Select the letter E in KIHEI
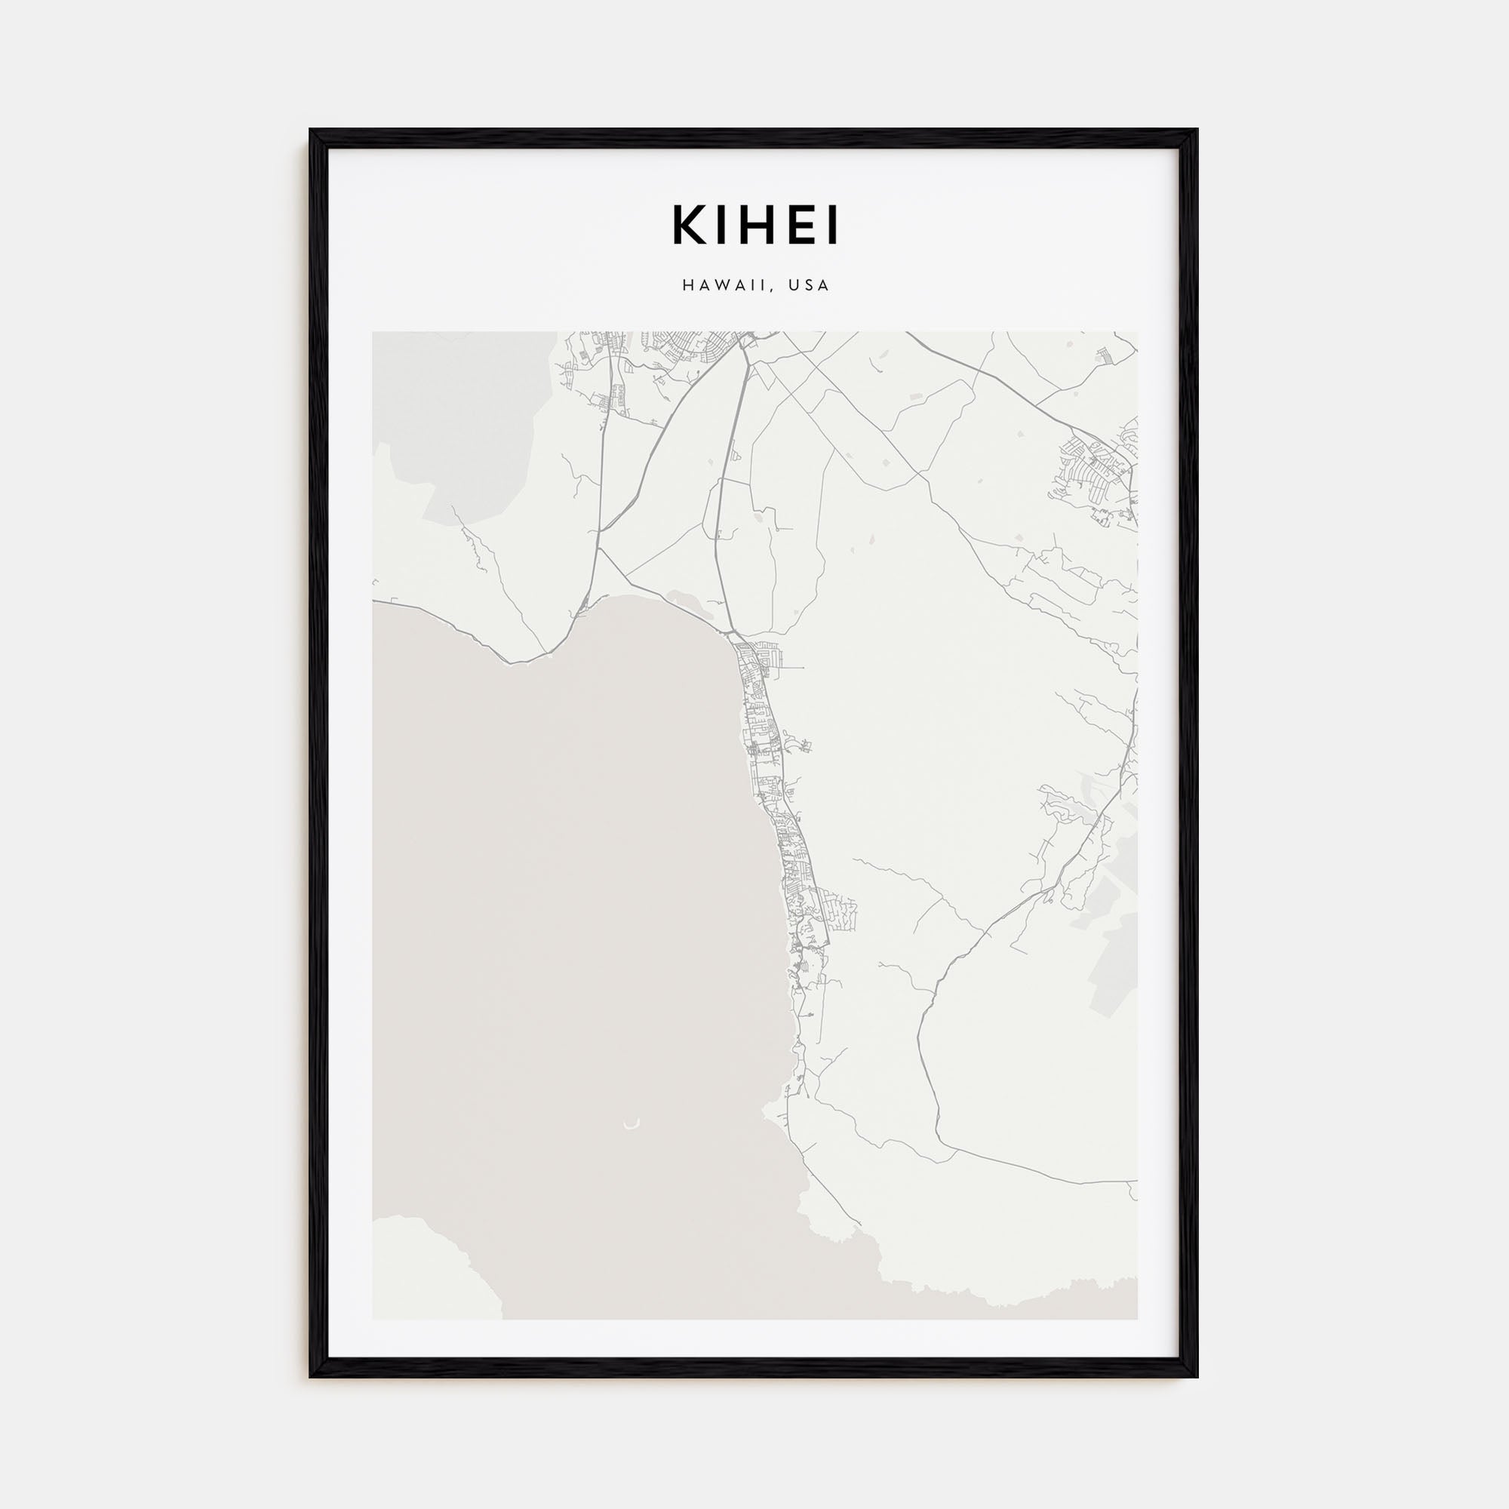(x=798, y=226)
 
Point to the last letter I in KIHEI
(x=833, y=226)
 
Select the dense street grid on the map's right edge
(x=1097, y=469)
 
